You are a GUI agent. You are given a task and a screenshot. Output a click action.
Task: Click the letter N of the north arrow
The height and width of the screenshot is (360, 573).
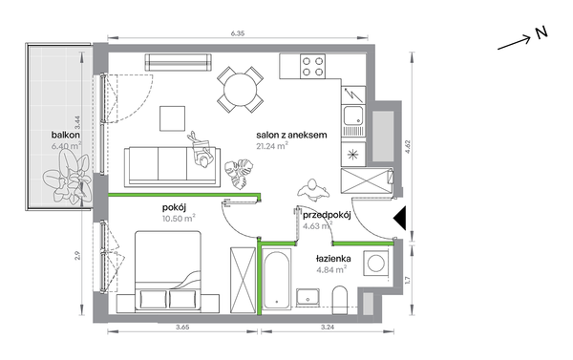pyautogui.click(x=542, y=32)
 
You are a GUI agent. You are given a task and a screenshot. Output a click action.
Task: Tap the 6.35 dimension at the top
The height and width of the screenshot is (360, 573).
pyautogui.click(x=238, y=33)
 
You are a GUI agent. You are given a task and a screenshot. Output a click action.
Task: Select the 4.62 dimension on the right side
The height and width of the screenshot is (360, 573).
pyautogui.click(x=408, y=146)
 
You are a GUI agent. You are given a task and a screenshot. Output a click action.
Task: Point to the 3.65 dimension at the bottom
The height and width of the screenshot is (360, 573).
pyautogui.click(x=182, y=328)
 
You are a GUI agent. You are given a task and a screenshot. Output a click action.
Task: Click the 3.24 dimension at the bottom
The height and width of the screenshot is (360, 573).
pyautogui.click(x=328, y=328)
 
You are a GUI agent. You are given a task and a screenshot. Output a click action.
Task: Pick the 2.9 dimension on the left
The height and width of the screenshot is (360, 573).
pyautogui.click(x=77, y=256)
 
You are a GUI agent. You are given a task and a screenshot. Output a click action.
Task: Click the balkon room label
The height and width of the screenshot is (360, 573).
pyautogui.click(x=66, y=135)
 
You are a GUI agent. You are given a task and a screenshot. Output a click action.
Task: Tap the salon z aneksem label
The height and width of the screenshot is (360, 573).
pyautogui.click(x=291, y=135)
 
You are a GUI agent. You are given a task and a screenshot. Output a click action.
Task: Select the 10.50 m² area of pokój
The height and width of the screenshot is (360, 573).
pyautogui.click(x=179, y=219)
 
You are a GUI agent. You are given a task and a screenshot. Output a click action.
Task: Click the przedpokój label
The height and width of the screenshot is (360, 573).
pyautogui.click(x=327, y=215)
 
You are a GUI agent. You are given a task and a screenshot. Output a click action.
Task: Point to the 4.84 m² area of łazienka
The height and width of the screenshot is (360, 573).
pyautogui.click(x=331, y=269)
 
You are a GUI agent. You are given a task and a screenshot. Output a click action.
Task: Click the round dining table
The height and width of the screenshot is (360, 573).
pyautogui.click(x=241, y=90)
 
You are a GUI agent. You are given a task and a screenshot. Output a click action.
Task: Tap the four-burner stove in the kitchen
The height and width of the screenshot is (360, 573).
pyautogui.click(x=313, y=66)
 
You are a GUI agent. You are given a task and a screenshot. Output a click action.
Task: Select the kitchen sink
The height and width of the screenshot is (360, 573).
pyautogui.click(x=353, y=120)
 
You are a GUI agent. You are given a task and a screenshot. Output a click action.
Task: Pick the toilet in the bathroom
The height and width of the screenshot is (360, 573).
pyautogui.click(x=339, y=300)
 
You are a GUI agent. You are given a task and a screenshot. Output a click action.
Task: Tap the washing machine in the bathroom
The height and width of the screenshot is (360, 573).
pyautogui.click(x=376, y=264)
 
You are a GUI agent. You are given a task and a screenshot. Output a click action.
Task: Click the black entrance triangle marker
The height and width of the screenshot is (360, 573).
pyautogui.click(x=400, y=218)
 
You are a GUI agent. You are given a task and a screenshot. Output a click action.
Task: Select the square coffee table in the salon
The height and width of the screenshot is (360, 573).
pyautogui.click(x=173, y=118)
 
